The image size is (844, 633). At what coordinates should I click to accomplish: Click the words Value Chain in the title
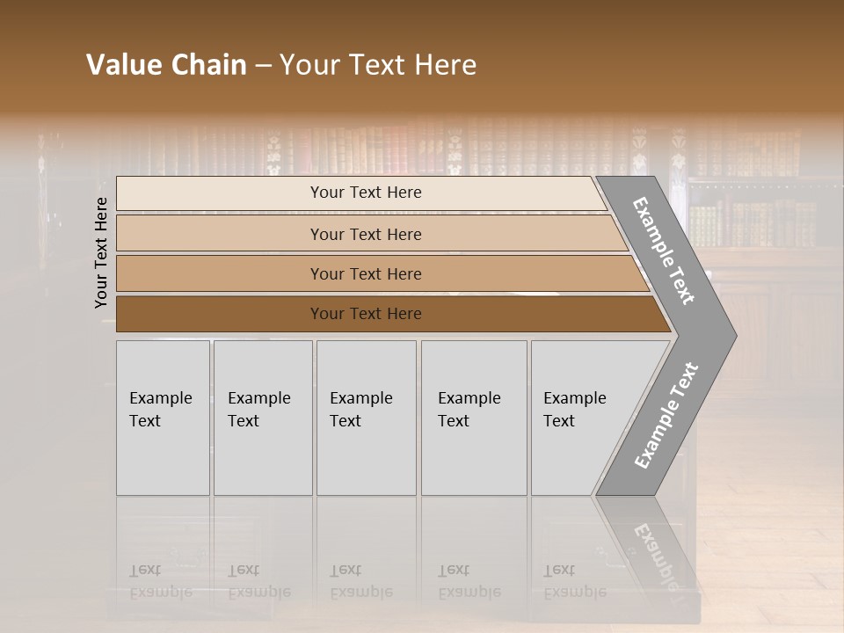(x=166, y=65)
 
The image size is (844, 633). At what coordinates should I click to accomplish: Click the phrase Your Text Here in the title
(x=378, y=65)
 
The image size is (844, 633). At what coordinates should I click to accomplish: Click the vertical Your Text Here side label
(x=101, y=252)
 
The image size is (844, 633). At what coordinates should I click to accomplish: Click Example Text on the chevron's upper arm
(x=664, y=251)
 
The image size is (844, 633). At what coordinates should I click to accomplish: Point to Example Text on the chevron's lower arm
(x=666, y=416)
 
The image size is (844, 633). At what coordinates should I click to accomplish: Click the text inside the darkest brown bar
(x=366, y=314)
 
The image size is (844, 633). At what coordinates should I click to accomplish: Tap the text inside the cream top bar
(x=366, y=193)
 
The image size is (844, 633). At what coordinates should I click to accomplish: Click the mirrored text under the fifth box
(x=574, y=581)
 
